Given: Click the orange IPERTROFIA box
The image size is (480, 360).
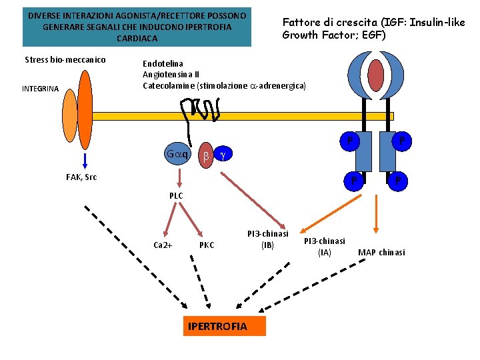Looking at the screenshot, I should pos(223,326).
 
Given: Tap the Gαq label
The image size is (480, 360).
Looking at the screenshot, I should pos(178,155).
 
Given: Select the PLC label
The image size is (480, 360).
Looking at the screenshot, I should pos(175,195).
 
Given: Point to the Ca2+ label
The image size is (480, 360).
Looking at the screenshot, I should pos(163,245).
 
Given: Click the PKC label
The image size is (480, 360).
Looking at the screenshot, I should pos(207,245).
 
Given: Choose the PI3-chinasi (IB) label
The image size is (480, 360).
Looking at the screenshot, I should pos(267,239).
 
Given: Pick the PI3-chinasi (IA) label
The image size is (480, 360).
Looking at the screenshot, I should pos(325,246).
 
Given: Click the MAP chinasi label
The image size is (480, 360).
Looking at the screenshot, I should pos(381,252).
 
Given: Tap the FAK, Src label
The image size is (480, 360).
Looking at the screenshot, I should pos(81,177).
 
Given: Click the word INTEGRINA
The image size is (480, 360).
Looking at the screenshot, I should pos(40,89).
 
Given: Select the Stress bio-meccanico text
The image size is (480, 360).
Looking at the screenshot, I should pos(65,60).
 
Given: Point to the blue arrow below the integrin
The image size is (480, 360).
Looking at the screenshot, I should pos(85,159).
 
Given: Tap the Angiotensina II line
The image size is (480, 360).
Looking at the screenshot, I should pos(171,75).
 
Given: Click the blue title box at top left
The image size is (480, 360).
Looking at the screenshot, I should pos(137,27).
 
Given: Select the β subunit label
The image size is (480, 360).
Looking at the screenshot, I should pos(206,155).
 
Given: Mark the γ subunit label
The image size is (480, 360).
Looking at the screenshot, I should pos(223,155).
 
